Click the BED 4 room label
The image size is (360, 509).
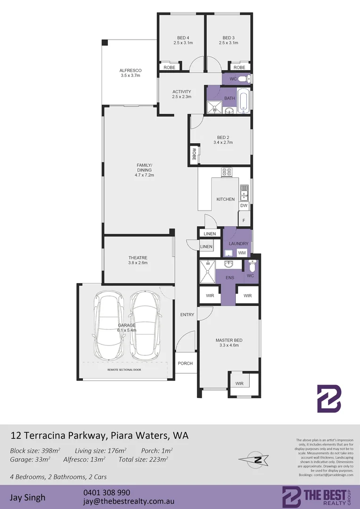tap(183, 38)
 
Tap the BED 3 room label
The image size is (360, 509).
tap(229, 38)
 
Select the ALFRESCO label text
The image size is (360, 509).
tap(131, 71)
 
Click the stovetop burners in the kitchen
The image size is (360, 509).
tap(226, 172)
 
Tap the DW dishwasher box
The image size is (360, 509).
tap(244, 205)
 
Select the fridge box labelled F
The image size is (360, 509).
tap(244, 220)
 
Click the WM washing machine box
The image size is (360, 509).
tap(242, 253)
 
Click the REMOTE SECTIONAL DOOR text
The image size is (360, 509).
tap(124, 370)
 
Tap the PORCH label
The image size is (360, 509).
tap(185, 363)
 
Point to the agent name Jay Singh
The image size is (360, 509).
tap(28, 497)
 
